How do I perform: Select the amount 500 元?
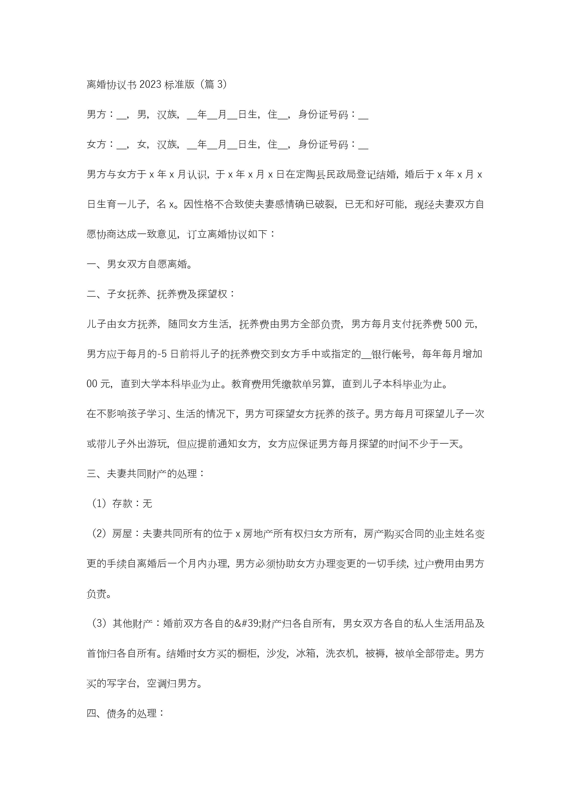tap(461, 324)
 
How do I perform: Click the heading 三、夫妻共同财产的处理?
tap(145, 474)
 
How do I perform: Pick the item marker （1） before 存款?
tap(99, 504)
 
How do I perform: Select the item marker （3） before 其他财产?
tap(99, 623)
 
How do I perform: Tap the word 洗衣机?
tap(340, 653)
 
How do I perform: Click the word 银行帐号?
tap(391, 354)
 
